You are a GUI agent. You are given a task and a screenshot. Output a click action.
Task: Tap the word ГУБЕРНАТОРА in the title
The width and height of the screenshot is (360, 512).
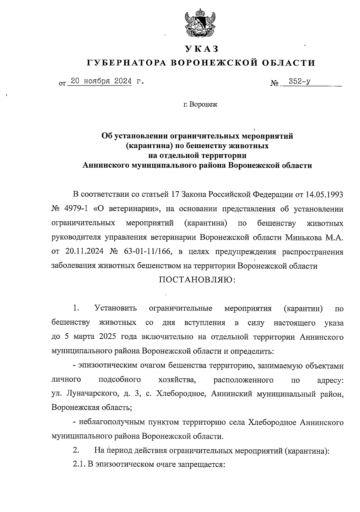point(126,63)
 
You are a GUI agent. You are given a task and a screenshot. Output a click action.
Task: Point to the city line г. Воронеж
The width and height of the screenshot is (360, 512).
point(200,105)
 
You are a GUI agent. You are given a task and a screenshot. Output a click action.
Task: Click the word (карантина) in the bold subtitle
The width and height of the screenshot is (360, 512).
point(146,146)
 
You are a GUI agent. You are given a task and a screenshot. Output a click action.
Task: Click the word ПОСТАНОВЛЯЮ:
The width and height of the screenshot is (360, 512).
point(197,280)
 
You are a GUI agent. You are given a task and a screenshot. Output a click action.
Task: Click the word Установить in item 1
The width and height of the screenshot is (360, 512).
point(115,308)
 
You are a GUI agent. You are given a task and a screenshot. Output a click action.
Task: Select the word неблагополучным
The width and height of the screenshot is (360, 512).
point(112,422)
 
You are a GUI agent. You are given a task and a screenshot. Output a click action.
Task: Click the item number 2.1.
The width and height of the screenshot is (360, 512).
point(79,465)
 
